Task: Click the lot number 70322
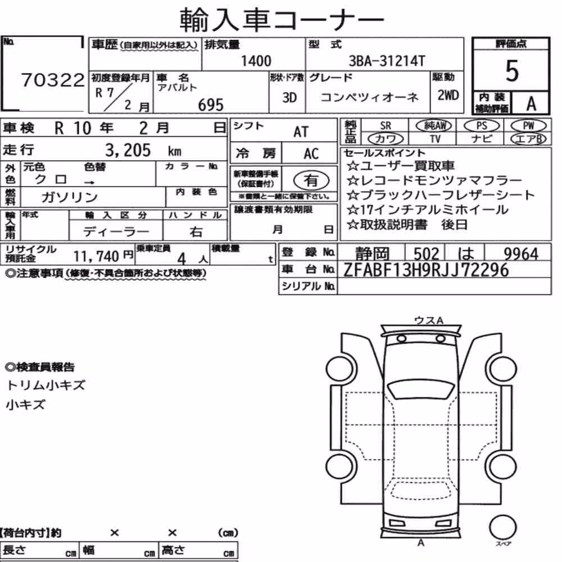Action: pos(53,80)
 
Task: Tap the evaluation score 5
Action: pos(511,71)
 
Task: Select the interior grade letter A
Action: pos(531,103)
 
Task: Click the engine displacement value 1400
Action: pos(256,61)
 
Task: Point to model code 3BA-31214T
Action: pos(387,61)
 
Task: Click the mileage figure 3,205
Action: pos(128,150)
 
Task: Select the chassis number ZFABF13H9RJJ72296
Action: pos(426,270)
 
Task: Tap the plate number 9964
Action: pos(521,253)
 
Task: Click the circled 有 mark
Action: pos(311,180)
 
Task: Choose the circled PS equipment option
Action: pos(482,126)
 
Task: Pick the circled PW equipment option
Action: pos(528,126)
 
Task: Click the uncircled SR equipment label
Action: pos(386,126)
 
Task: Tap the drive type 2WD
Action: pos(448,95)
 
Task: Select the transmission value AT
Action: pos(301,132)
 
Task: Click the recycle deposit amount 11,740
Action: pos(96,256)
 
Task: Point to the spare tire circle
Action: pos(502,527)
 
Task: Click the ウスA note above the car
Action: pos(429,320)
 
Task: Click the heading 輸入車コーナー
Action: pos(282,19)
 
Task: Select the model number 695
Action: pos(211,105)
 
